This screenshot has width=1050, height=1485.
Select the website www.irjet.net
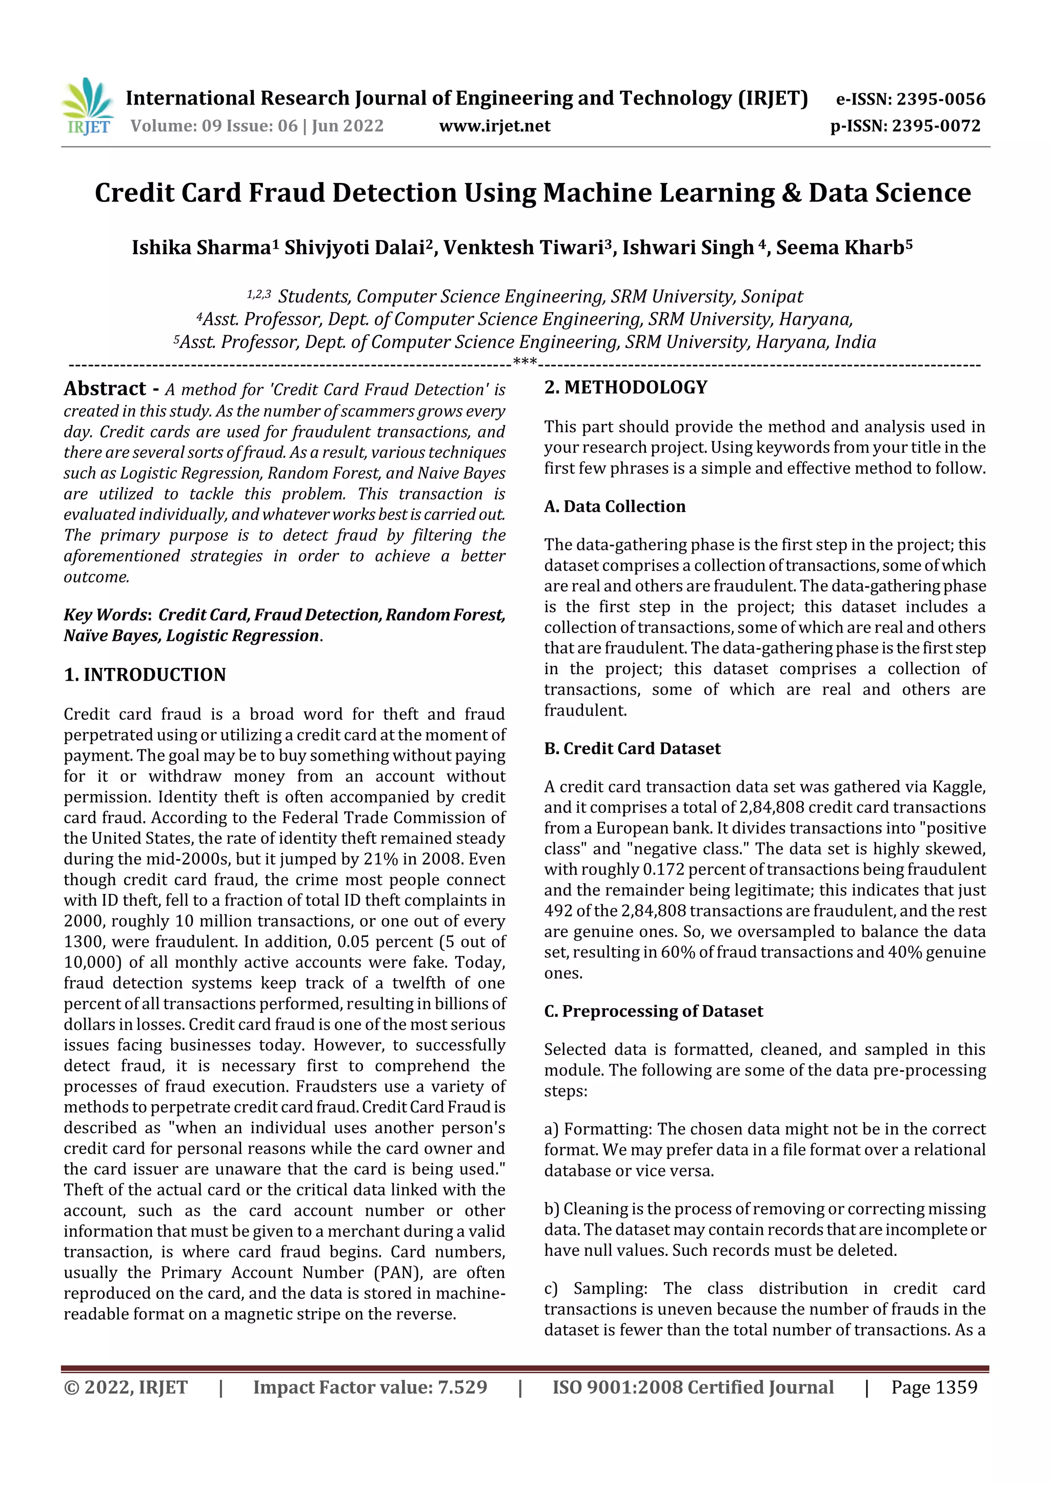[x=494, y=126]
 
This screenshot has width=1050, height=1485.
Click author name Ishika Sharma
[x=200, y=247]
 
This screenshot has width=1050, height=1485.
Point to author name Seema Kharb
[x=840, y=247]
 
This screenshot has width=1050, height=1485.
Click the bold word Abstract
[x=105, y=388]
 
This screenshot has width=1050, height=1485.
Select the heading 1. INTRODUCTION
[x=145, y=675]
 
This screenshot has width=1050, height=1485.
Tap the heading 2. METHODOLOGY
[x=625, y=388]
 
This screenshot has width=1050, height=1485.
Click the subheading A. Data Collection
[x=615, y=506]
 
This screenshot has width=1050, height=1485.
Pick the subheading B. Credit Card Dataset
[x=632, y=748]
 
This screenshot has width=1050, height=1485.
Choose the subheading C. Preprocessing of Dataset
[x=653, y=1011]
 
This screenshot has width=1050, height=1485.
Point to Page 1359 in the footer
[x=934, y=1387]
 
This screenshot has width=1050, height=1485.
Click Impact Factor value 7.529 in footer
[x=370, y=1387]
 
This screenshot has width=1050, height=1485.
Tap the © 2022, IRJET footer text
[x=126, y=1387]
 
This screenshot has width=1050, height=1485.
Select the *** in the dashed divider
[x=524, y=361]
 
